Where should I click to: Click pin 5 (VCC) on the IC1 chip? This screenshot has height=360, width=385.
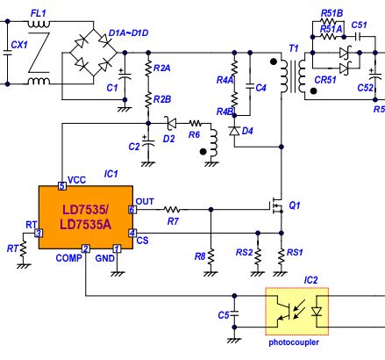tap(62, 186)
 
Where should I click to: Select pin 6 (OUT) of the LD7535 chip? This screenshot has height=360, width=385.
tap(132, 210)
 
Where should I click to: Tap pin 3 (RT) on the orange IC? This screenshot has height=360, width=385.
tap(39, 234)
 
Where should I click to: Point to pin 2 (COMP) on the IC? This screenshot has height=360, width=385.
tap(86, 248)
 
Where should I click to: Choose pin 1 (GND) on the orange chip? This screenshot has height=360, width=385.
tap(117, 248)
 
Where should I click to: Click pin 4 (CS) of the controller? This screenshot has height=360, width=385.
tap(132, 233)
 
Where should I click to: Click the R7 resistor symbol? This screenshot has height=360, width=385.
tap(172, 210)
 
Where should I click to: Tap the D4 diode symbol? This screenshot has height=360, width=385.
tap(234, 131)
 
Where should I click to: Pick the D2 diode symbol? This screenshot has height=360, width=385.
tap(170, 123)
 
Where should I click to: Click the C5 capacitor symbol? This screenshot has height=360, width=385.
tap(234, 313)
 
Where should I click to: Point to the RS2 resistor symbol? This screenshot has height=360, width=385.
tap(258, 256)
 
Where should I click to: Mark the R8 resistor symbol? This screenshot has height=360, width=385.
tap(210, 257)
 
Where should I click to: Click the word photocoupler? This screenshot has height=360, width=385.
tap(294, 342)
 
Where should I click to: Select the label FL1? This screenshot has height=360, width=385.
tap(39, 13)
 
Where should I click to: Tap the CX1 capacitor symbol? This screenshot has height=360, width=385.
tap(8, 53)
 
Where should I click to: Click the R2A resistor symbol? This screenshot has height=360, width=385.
tap(148, 68)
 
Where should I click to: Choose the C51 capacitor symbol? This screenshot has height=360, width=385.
tap(358, 37)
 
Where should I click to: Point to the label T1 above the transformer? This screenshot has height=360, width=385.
tap(294, 48)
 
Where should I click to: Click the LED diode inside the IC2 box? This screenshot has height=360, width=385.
tap(317, 312)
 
